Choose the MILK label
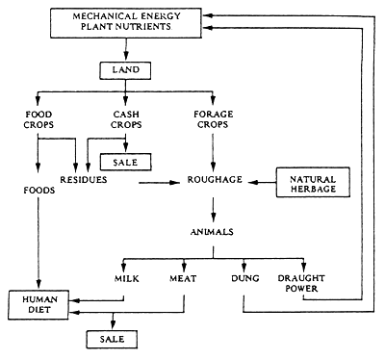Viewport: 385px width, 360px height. click(127, 279)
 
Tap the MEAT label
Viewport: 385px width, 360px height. click(183, 279)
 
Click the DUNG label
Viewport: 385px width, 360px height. click(243, 279)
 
